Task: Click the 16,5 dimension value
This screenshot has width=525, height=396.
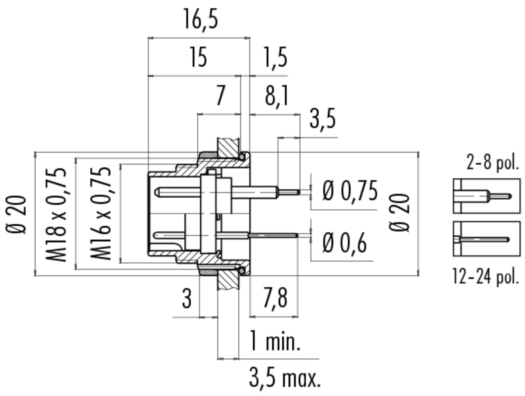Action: click(x=200, y=20)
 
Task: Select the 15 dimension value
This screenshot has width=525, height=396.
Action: click(x=198, y=57)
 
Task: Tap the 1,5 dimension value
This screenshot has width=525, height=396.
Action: click(x=275, y=58)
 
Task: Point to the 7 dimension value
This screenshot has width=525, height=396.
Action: click(x=220, y=95)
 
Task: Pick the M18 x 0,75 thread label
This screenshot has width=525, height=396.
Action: click(x=56, y=215)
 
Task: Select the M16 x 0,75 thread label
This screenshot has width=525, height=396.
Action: click(x=101, y=213)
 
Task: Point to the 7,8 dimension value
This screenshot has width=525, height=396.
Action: click(x=275, y=298)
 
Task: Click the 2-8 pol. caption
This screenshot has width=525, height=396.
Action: click(x=493, y=163)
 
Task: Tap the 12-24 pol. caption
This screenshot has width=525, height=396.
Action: click(x=486, y=276)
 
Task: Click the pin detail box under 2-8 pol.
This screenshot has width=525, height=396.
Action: click(x=486, y=196)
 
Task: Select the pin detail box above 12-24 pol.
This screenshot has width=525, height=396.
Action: click(x=486, y=239)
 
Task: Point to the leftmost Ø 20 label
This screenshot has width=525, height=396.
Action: click(x=16, y=214)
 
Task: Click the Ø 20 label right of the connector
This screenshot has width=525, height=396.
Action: click(x=399, y=212)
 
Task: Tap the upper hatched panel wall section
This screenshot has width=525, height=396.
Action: click(x=228, y=146)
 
